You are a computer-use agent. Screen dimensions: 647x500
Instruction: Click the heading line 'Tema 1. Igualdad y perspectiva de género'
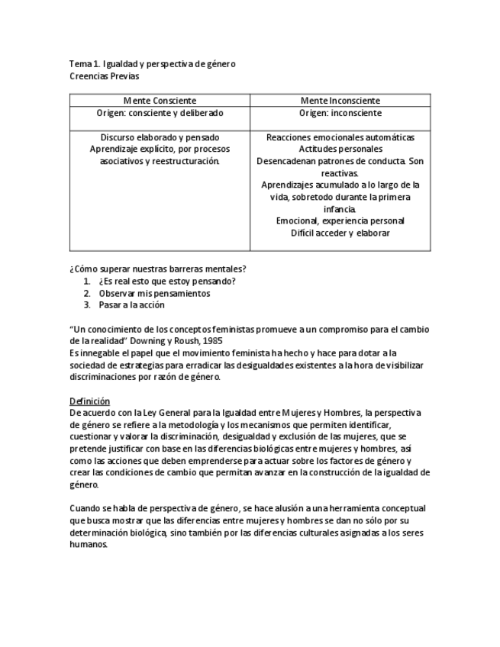152,63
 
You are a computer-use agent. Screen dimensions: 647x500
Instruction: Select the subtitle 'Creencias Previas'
104,76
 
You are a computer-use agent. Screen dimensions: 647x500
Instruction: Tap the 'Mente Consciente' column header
160,100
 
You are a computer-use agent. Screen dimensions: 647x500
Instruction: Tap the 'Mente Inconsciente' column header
340,100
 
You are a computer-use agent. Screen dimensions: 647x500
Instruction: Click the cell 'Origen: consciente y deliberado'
160,112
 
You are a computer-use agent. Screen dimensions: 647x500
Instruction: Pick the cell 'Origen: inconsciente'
340,112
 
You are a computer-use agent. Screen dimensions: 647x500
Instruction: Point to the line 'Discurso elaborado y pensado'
160,137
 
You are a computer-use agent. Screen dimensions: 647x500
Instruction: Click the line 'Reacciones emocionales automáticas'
340,137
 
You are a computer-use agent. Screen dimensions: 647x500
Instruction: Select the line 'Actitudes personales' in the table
340,149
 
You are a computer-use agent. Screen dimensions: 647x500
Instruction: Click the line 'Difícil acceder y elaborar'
340,233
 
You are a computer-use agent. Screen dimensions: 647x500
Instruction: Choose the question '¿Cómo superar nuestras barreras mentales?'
157,269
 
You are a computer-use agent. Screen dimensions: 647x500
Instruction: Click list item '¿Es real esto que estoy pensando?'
166,281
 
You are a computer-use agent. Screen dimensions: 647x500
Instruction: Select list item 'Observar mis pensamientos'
154,293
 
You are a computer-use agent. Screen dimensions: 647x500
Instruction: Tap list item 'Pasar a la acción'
131,304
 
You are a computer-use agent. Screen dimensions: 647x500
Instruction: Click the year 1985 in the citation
213,340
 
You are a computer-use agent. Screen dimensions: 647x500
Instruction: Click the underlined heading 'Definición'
89,401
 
